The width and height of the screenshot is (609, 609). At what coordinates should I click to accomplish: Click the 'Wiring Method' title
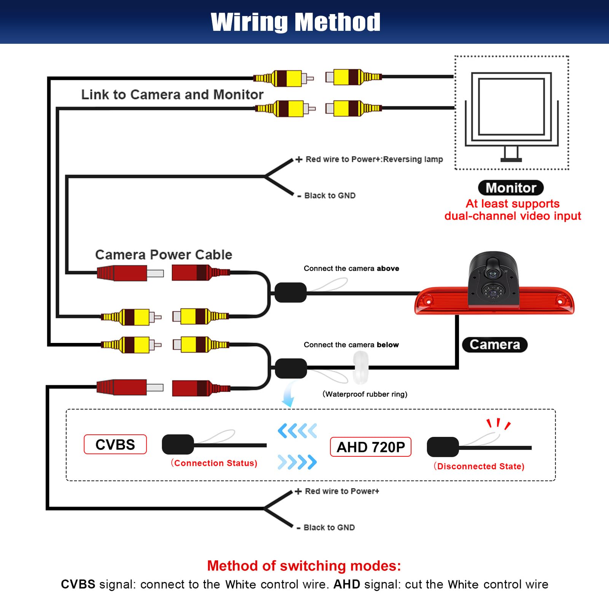(x=295, y=22)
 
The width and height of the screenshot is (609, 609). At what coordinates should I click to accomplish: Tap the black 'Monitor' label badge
(x=511, y=188)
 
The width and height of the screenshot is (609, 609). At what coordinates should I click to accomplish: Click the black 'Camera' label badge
(x=494, y=344)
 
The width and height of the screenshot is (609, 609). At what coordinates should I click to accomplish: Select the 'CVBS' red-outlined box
(x=115, y=444)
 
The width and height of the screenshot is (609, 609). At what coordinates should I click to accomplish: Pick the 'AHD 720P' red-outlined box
(x=371, y=447)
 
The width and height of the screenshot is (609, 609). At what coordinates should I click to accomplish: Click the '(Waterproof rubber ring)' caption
(x=365, y=394)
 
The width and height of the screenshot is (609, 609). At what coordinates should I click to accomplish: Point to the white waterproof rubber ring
(x=361, y=367)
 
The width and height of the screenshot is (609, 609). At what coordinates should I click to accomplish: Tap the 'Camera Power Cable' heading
(x=164, y=254)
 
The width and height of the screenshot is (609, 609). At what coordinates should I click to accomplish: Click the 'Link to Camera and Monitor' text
(x=172, y=94)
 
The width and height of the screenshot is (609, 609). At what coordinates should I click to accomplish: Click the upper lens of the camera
(x=493, y=273)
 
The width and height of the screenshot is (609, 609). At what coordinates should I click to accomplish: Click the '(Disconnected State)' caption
(x=479, y=466)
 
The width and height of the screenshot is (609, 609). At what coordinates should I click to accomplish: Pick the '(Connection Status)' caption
(x=214, y=463)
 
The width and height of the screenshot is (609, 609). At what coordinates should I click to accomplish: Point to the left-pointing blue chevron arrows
(x=297, y=431)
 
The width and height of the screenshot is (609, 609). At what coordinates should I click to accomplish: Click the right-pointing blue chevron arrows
(x=297, y=462)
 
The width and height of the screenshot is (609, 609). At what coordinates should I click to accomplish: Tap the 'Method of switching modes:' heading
(x=304, y=566)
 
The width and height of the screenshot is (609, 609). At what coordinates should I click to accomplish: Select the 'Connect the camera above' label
(x=351, y=268)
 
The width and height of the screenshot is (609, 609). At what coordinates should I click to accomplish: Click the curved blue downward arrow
(x=289, y=394)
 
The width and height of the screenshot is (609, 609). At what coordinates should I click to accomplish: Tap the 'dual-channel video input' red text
(x=513, y=216)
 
